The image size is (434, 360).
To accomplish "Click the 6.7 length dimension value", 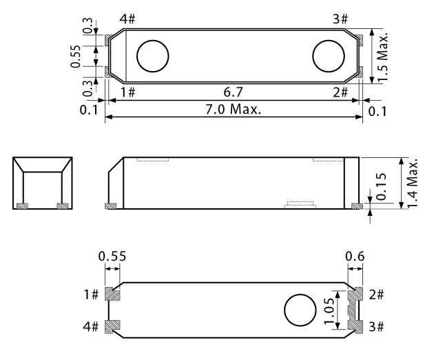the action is [x=233, y=92].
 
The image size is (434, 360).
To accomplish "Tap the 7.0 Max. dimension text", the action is [x=233, y=109].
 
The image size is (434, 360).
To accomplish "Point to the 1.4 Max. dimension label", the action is [x=412, y=183].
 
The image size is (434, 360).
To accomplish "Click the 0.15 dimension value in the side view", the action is [x=382, y=186].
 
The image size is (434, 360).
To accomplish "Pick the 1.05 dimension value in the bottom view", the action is [x=329, y=310].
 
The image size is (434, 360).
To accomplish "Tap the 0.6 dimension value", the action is [x=355, y=257].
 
